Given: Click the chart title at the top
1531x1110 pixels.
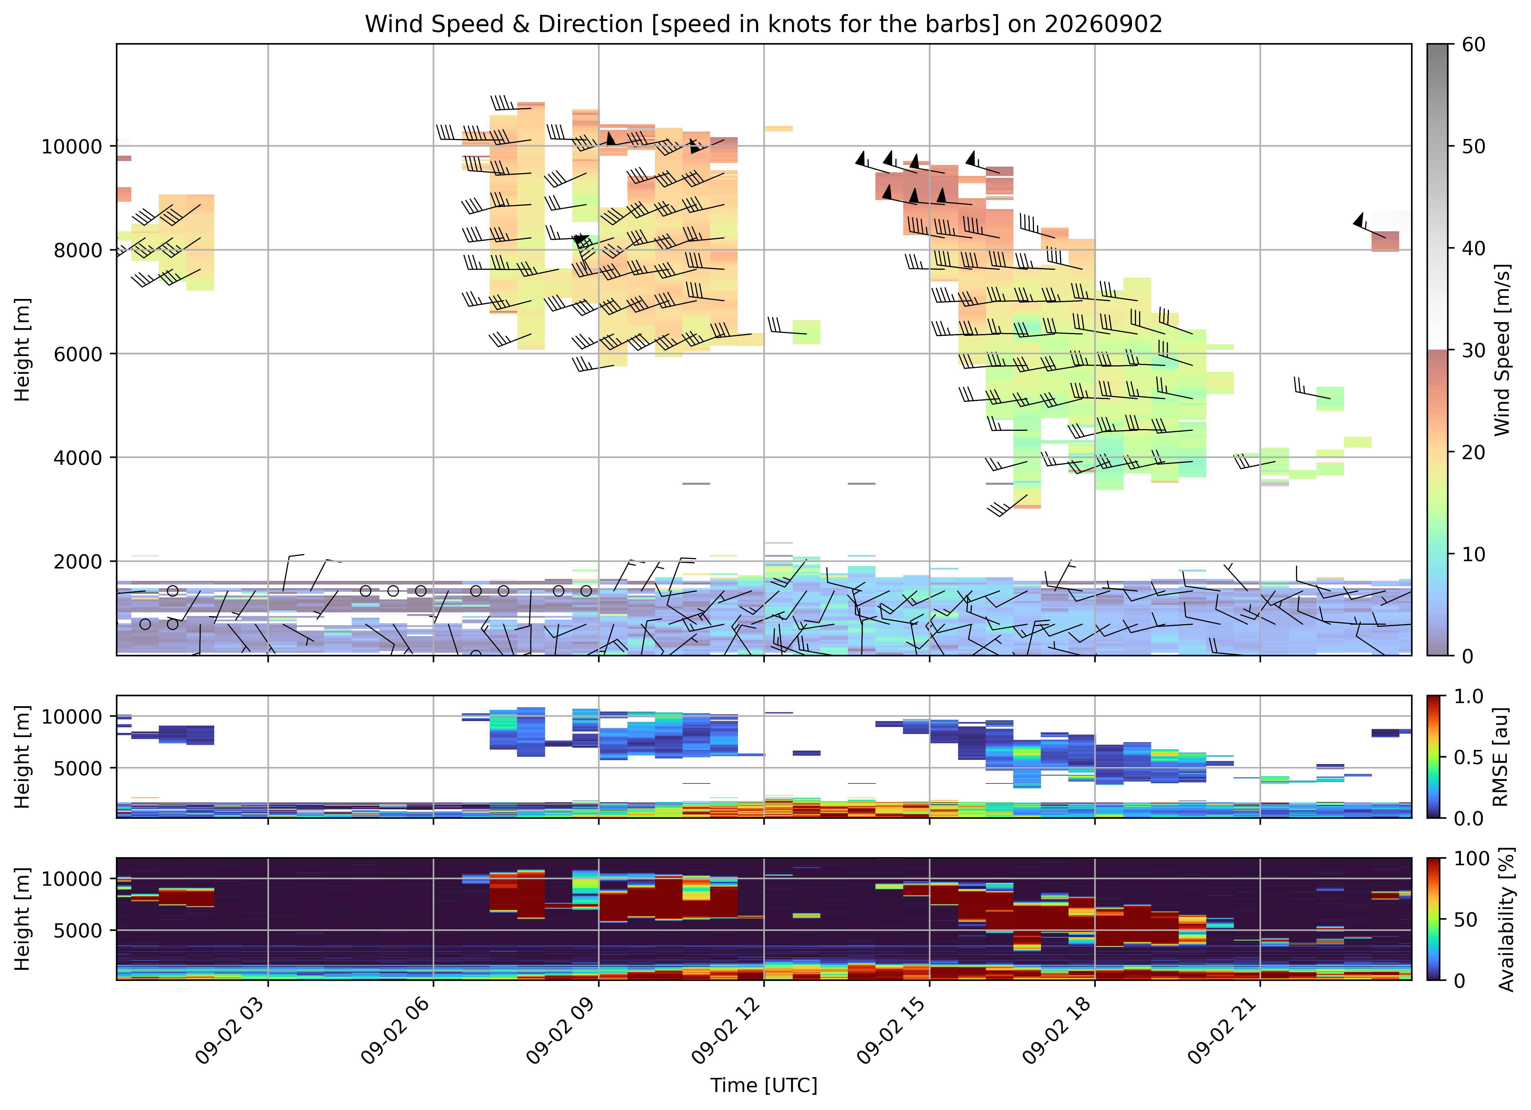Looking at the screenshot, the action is tap(764, 24).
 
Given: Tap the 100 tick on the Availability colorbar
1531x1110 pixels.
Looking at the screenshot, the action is tap(1472, 859).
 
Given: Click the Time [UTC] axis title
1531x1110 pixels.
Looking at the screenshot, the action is tap(764, 1085).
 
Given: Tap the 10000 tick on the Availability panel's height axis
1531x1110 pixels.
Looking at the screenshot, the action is tap(72, 878).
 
